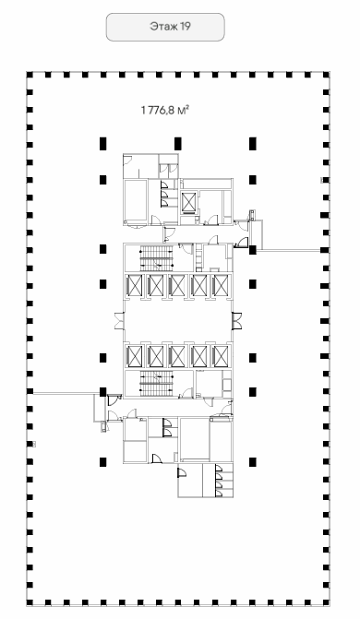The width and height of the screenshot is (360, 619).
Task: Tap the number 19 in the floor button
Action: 186,27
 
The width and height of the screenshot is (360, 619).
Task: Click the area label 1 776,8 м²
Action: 165,110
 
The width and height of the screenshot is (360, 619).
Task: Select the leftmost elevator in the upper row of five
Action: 135,285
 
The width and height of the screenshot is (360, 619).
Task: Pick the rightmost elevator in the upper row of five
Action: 220,285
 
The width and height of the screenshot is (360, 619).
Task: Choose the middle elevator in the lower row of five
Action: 177,356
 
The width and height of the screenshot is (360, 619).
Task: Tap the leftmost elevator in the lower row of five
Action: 135,356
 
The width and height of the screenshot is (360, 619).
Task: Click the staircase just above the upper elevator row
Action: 157,257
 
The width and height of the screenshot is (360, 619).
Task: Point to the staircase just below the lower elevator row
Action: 157,383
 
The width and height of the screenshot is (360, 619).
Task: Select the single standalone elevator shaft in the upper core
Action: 188,202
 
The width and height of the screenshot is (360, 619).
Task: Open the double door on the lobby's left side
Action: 119,320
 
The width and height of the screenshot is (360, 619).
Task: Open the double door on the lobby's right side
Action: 236,320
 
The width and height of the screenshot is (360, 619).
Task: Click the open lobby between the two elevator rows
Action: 178,320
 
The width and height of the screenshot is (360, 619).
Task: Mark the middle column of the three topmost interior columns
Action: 178,144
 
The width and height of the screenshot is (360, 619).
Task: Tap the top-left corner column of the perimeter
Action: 30,74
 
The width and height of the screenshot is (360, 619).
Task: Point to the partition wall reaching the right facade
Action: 288,250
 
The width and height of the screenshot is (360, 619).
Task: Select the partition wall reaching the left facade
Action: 66,393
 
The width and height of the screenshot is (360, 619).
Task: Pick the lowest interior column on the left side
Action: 102,462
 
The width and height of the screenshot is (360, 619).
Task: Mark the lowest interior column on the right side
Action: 253,462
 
